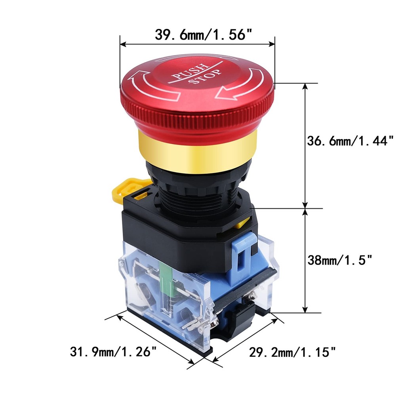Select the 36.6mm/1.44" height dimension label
[x=350, y=141]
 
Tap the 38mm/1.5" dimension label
[x=340, y=260]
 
